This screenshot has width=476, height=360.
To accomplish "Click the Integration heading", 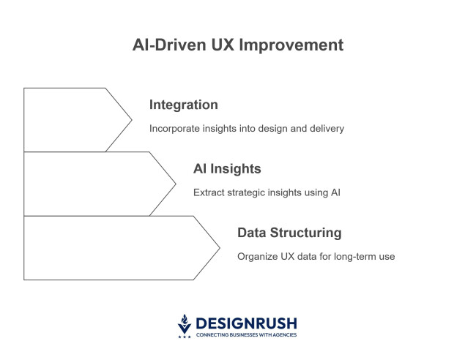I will pos(183,105).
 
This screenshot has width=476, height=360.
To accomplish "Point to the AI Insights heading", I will pos(227,169).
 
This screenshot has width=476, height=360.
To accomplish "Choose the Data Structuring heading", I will pos(289,233).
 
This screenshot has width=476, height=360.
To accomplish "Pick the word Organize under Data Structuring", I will pos(258,257).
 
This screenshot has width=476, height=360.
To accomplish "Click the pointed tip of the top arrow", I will pos(132,119).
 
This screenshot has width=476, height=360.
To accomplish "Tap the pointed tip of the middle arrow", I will pos(176,184).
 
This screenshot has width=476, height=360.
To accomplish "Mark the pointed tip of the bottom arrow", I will pos(220,247).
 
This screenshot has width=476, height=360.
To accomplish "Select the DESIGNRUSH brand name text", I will pos(245,323).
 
